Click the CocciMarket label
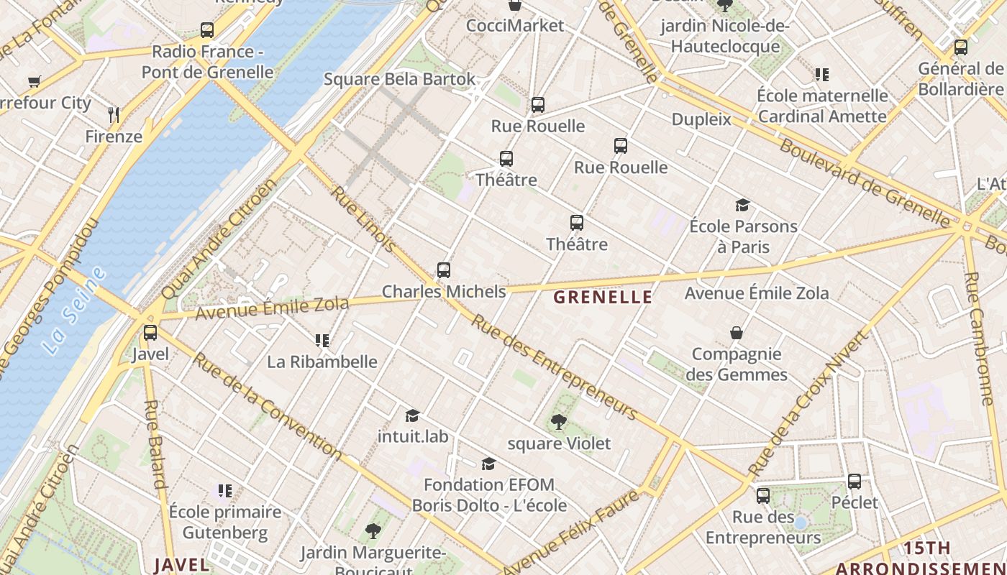515,26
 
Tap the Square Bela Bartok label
399,79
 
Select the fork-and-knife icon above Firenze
113,114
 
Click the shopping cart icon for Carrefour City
34,81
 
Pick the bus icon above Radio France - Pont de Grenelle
207,30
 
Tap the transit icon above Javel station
150,333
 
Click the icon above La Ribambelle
322,340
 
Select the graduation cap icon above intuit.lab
412,415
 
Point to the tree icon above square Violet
558,422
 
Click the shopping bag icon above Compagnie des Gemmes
737,333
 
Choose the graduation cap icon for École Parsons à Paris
743,206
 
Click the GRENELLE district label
603,298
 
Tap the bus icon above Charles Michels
444,270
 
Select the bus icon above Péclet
855,482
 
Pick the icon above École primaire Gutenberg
225,491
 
